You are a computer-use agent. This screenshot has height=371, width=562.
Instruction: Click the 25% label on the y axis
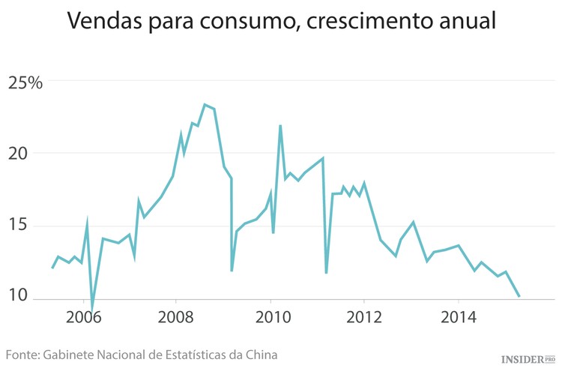click(25, 82)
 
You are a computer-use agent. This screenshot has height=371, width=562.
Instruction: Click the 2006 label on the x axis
click(82, 317)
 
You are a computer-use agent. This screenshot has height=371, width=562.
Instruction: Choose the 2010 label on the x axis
click(271, 317)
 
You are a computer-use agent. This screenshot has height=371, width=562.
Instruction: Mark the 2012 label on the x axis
click(365, 317)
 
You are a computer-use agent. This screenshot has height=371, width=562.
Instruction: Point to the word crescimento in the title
click(379, 22)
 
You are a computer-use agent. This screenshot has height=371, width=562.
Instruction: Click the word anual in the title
click(471, 22)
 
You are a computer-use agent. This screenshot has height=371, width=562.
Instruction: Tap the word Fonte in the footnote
click(22, 354)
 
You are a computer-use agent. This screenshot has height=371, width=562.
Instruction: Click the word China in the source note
click(261, 354)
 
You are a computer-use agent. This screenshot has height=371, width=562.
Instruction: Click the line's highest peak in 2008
click(205, 105)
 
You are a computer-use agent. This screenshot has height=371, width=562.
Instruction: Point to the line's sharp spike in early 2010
click(280, 126)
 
